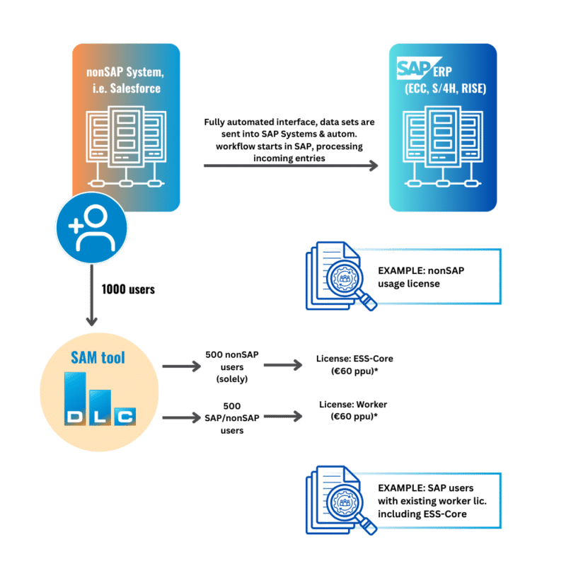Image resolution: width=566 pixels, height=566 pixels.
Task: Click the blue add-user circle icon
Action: tap(92, 226)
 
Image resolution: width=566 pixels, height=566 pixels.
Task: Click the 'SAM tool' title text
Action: tap(98, 357)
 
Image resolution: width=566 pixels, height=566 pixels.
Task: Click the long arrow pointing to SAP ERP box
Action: tap(290, 167)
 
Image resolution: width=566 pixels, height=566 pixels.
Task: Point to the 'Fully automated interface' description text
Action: tap(290, 140)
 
